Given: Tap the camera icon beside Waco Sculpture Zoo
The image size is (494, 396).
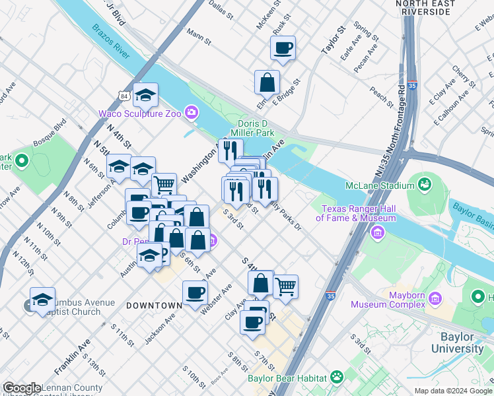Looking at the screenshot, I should click(x=192, y=113).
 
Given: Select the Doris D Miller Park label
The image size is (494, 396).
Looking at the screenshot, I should click(x=256, y=128).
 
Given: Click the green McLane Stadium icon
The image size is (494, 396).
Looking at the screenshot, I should click(x=423, y=182).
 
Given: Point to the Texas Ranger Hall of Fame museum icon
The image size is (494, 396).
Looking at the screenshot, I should click(x=378, y=232).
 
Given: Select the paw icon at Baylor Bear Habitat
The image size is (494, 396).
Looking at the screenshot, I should click(x=337, y=378).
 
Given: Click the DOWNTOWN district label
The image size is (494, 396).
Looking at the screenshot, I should click(x=154, y=306).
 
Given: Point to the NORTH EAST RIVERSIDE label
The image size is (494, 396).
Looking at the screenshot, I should click(x=435, y=8).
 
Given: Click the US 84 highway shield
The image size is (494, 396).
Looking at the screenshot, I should click(x=125, y=96).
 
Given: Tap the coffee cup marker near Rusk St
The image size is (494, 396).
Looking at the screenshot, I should click(x=283, y=48).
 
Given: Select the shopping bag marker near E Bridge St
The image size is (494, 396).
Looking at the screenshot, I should click(x=267, y=83).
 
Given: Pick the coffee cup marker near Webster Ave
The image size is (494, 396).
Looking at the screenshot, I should click(x=195, y=292).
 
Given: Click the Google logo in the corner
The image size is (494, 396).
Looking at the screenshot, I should click(x=22, y=388).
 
